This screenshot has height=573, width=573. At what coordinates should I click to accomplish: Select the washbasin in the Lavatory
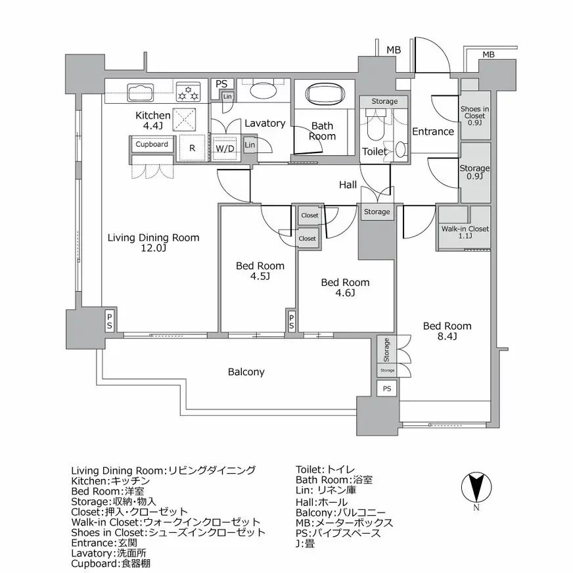point(260,90)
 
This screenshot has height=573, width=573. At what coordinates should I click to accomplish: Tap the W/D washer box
point(225,148)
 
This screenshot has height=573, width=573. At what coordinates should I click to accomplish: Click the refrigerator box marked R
point(191,148)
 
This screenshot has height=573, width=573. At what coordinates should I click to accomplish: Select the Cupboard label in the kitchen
point(152,144)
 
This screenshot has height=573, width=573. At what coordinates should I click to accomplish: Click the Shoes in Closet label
point(474,116)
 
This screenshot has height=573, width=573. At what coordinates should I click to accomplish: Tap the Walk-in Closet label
point(465,233)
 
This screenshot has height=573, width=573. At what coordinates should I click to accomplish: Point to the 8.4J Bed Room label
point(447,331)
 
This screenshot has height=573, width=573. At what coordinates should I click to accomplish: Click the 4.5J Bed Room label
point(260,271)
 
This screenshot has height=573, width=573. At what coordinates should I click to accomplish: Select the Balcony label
point(246,372)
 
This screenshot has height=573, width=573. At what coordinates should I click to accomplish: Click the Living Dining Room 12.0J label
point(153,243)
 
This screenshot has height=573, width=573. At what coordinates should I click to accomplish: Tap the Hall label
point(348,185)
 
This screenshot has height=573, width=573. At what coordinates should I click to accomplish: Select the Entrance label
point(432,131)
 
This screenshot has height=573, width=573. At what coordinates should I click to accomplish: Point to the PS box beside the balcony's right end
point(387,388)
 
